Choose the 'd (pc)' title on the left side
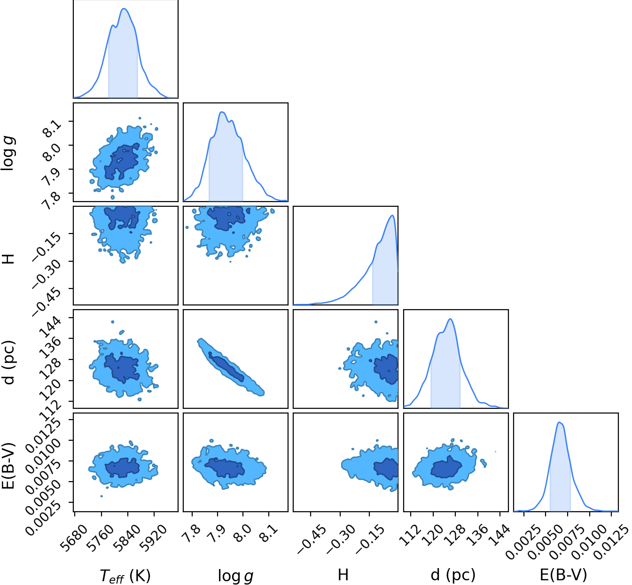pyautogui.click(x=10, y=363)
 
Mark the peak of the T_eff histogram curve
pyautogui.click(x=124, y=8)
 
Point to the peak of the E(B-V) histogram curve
pyautogui.click(x=560, y=422)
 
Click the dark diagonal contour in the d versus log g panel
pyautogui.click(x=226, y=366)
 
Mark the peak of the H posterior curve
pyautogui.click(x=392, y=216)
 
